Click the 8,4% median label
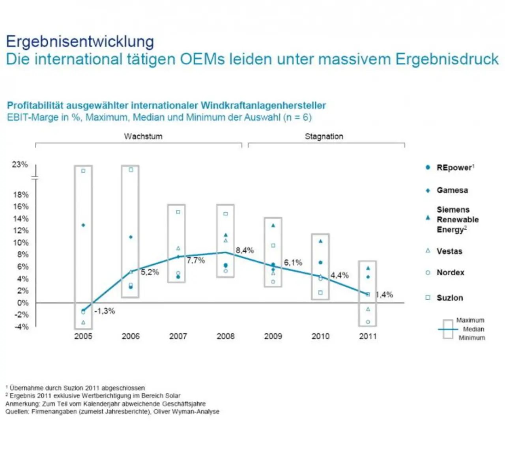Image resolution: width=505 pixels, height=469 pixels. coord(245,250)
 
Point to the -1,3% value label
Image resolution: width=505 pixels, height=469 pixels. coord(105,311)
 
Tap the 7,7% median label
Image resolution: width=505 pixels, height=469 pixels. coord(196,260)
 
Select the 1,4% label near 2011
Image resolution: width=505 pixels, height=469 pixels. coord(384,295)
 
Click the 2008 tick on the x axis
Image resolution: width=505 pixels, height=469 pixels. coord(225,336)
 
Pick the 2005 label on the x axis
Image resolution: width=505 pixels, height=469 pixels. coord(83,336)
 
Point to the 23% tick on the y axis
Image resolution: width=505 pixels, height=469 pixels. coord(20,164)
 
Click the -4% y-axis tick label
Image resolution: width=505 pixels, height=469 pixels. coord(21,327)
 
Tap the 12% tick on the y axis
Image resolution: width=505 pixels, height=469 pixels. coord(21,231)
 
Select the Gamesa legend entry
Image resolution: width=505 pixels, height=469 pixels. coord(452,190)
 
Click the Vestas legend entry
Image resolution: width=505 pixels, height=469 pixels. coord(449,251)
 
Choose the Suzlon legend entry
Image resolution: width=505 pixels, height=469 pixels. coord(450,298)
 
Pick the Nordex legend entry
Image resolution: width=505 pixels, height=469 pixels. coord(450,273)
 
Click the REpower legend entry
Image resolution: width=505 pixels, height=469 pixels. coord(454,168)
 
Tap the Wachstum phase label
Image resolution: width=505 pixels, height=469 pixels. coord(143,136)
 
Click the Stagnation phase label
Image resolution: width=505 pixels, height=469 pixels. coord(324,136)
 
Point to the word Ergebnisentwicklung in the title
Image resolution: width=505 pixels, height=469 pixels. coord(80,41)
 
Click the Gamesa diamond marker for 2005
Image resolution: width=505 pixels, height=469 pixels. coord(83,225)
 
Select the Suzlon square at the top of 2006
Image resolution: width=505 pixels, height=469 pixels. coord(131,170)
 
